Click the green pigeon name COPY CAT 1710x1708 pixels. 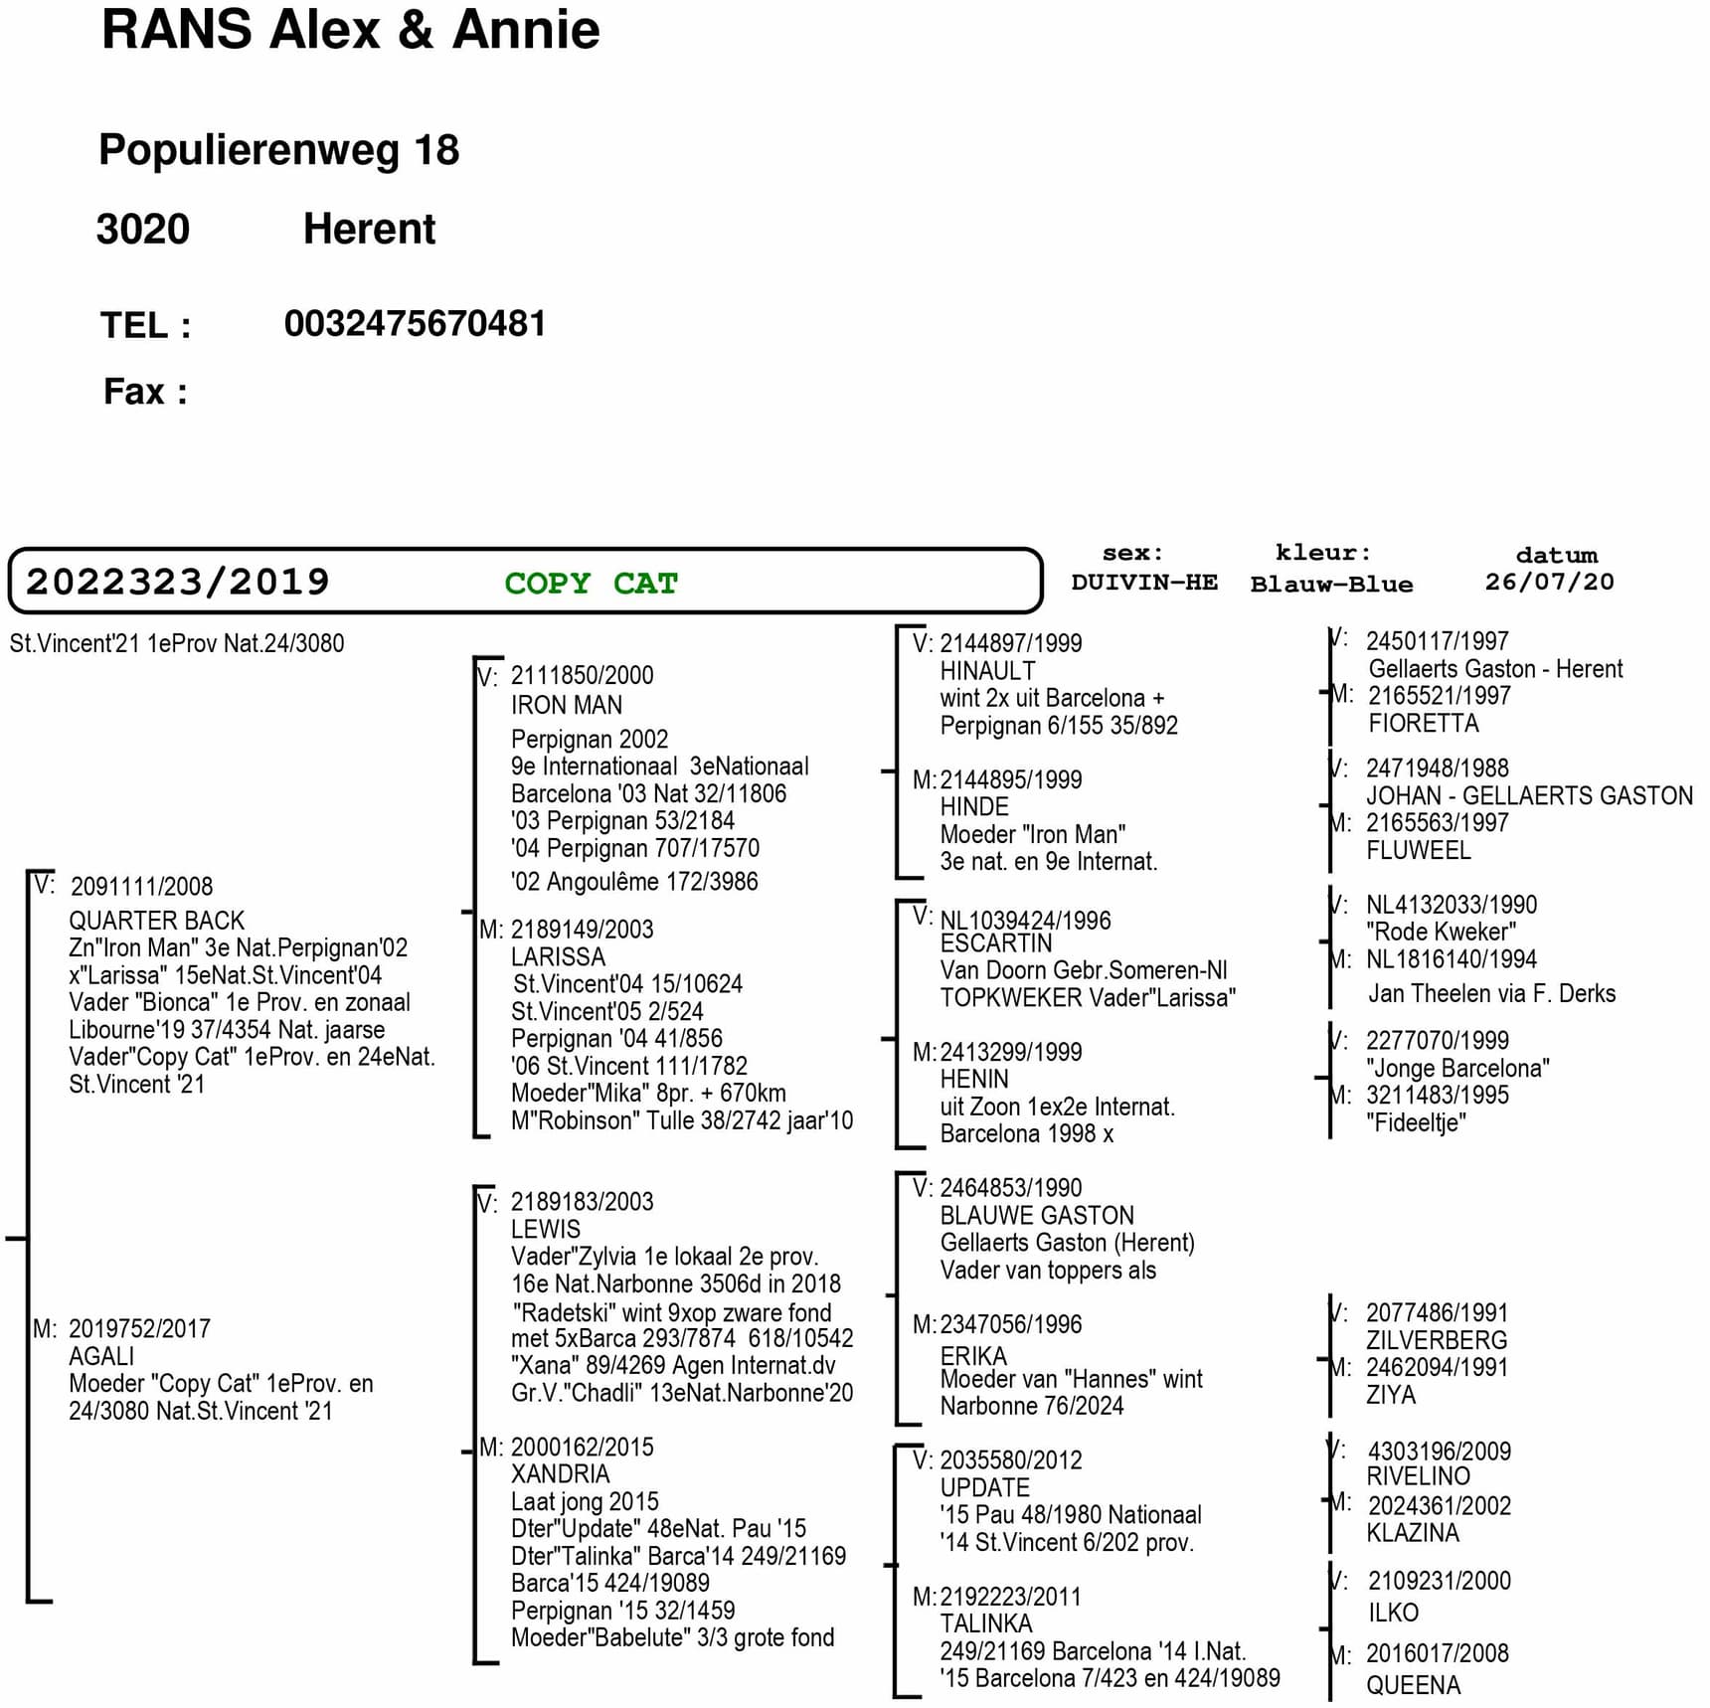coord(591,583)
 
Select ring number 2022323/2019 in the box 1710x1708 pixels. coord(177,582)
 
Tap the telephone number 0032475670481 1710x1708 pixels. coord(415,323)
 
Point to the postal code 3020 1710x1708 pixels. coord(142,229)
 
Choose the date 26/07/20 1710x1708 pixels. coord(1549,582)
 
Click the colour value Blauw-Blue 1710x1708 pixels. coord(1331,584)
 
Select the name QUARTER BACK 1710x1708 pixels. coord(156,921)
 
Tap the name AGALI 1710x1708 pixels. coord(101,1356)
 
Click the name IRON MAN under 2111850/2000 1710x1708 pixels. coord(567,705)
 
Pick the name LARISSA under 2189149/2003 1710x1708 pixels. coord(558,956)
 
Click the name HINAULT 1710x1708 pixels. coord(987,671)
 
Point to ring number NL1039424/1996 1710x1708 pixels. coord(1026,920)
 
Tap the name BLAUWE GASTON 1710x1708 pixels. coord(1037,1215)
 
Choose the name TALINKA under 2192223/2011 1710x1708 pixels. coord(986,1623)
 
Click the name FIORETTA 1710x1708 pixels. coord(1424,723)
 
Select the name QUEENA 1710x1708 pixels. coord(1413,1685)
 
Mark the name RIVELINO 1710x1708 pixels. coord(1418,1476)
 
